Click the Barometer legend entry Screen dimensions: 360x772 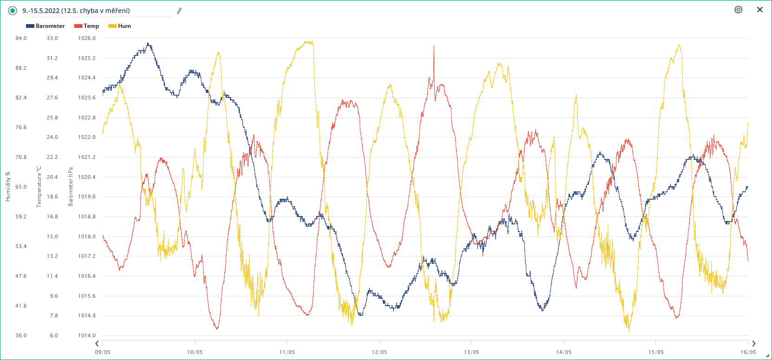pos(46,26)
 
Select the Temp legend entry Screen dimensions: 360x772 pos(87,26)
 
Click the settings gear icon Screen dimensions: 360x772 pos(738,10)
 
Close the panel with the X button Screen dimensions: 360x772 pos(760,10)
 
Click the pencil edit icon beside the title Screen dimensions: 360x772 pos(179,11)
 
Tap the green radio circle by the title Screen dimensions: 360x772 pos(13,11)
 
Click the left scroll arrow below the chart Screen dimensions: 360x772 pos(97,344)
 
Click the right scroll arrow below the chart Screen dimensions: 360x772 pos(753,344)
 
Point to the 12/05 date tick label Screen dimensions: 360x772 pos(379,352)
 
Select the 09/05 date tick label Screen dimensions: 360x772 pos(103,352)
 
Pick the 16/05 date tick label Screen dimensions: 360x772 pos(748,352)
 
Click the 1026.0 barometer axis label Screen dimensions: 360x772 pos(87,38)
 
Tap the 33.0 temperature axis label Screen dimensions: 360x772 pos(52,38)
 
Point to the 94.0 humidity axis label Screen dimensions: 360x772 pos(21,38)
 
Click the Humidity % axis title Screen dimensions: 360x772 pos(8,187)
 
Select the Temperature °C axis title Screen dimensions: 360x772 pos(39,187)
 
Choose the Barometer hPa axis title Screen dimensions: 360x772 pos(71,187)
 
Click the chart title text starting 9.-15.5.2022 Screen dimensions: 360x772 pos(76,11)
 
